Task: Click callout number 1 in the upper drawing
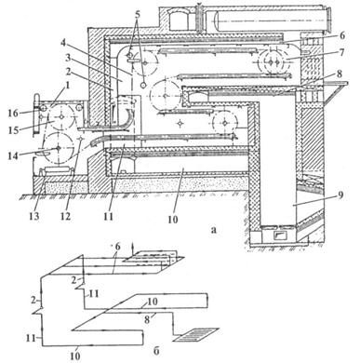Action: (68, 85)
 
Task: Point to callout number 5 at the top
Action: (138, 14)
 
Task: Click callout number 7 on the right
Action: (341, 52)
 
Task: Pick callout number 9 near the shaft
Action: (341, 196)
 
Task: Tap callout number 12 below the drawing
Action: (65, 216)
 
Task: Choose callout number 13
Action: (34, 216)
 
